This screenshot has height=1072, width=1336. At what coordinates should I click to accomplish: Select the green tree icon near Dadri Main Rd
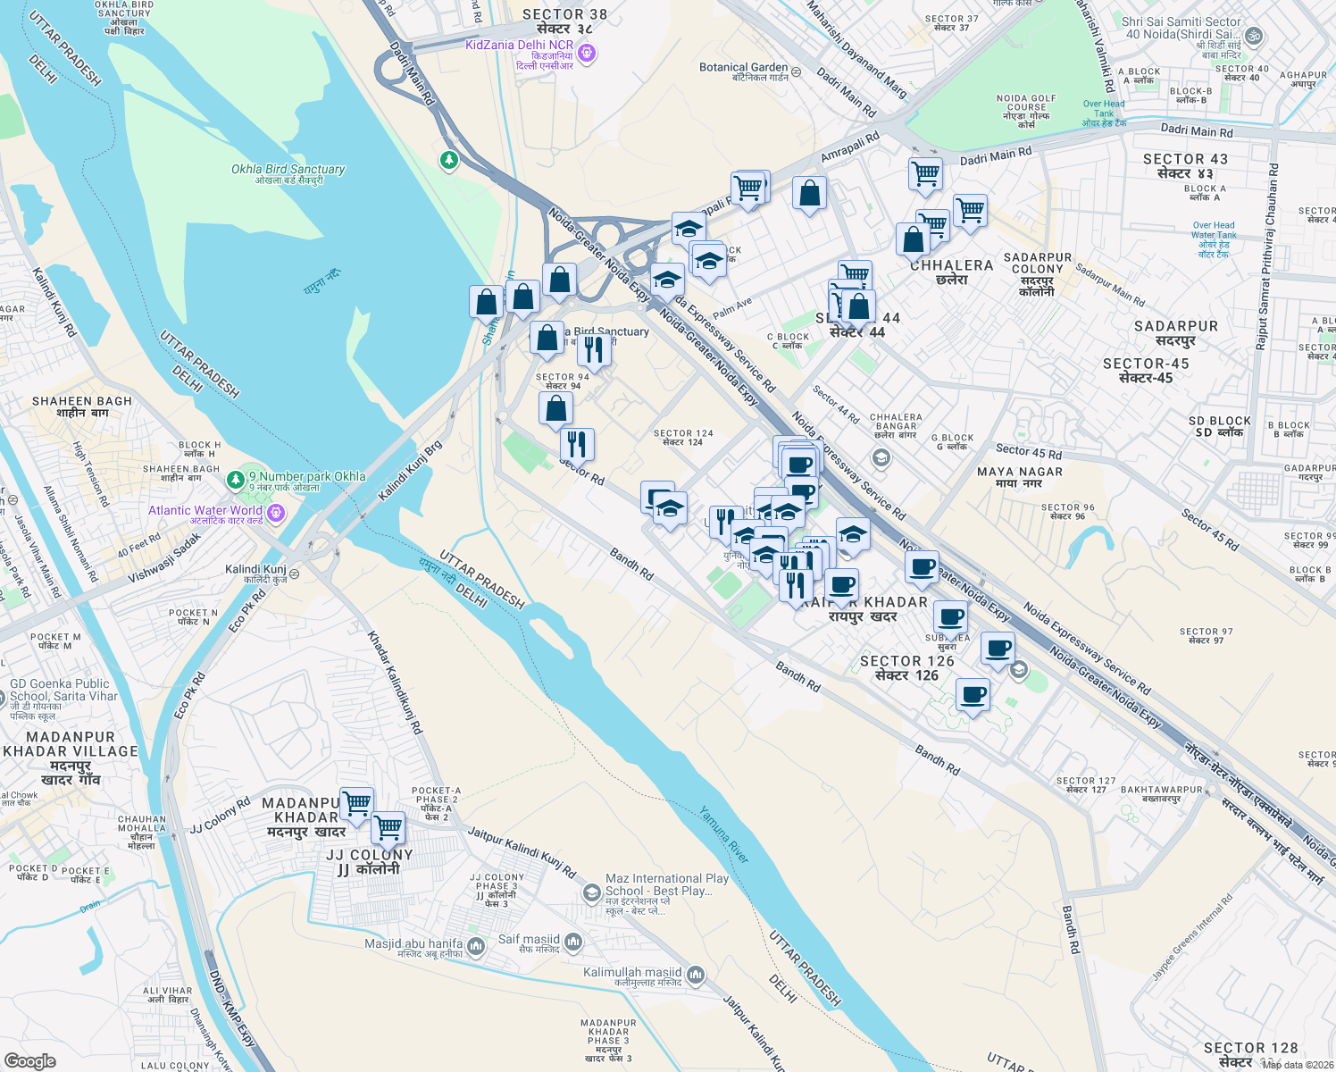[449, 160]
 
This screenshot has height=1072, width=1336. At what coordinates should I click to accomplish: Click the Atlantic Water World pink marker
[276, 512]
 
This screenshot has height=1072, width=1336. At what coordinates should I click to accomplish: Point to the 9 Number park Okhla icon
[236, 480]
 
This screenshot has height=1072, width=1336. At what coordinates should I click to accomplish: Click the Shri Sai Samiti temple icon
[1254, 37]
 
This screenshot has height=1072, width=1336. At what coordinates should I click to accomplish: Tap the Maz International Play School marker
[591, 892]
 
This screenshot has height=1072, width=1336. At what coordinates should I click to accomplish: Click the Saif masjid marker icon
[573, 942]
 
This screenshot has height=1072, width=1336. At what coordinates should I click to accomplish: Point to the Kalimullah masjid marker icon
[697, 974]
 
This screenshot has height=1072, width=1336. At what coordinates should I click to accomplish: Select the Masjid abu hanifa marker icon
[476, 945]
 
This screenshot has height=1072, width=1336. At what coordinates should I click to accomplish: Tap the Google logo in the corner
[29, 1061]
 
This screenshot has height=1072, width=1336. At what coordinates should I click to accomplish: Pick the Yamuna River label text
[724, 834]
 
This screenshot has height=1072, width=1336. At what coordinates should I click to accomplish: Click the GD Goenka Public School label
[60, 690]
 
